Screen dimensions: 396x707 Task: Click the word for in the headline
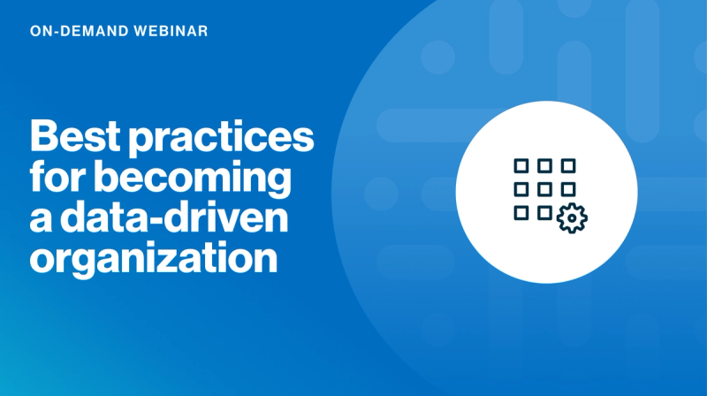56,179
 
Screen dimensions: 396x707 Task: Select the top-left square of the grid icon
521,165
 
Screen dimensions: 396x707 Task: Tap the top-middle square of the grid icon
544,165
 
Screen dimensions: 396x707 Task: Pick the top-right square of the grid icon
568,165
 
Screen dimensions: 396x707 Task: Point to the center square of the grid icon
544,188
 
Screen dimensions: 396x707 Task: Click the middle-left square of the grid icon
521,188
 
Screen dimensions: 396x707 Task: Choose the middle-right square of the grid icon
568,188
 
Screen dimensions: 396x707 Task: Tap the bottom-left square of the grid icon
521,212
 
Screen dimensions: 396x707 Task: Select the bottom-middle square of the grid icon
544,212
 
